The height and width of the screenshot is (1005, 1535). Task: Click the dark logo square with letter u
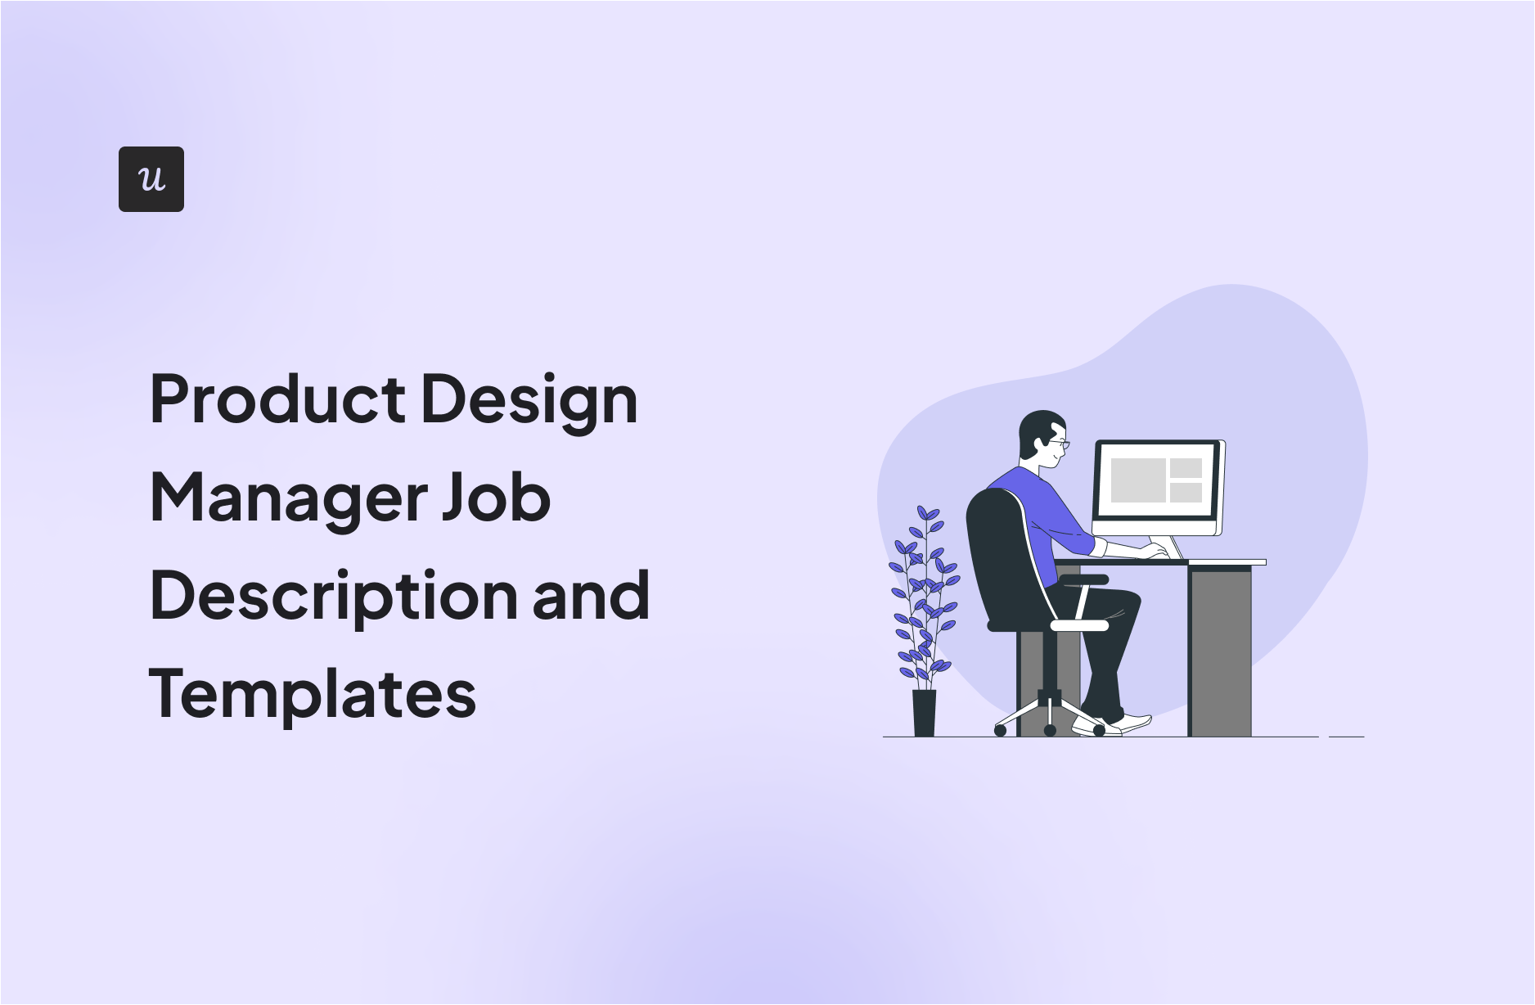click(151, 179)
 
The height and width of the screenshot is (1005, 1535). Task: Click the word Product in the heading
click(278, 399)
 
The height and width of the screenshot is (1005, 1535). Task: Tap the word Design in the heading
click(529, 401)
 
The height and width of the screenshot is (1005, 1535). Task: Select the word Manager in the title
click(288, 499)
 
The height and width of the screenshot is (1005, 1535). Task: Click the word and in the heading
click(591, 596)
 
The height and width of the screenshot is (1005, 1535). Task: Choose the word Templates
click(312, 695)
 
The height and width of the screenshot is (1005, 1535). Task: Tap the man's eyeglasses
click(1060, 444)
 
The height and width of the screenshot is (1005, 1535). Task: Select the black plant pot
click(924, 713)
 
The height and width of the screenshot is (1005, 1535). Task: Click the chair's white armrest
click(1078, 625)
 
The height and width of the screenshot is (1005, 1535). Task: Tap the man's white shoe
click(1132, 723)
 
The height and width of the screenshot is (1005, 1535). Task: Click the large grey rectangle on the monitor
click(1137, 480)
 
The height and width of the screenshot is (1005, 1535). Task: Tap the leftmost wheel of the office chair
click(1000, 730)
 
